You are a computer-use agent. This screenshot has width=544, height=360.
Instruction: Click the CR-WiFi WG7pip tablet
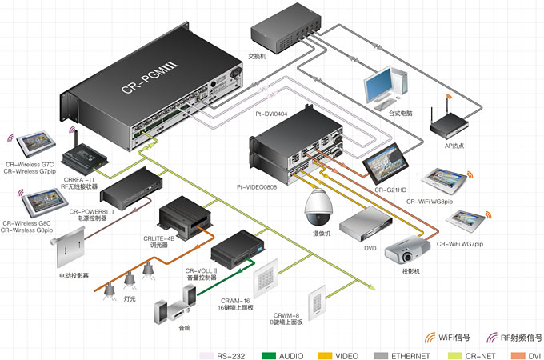tap(467, 219)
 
